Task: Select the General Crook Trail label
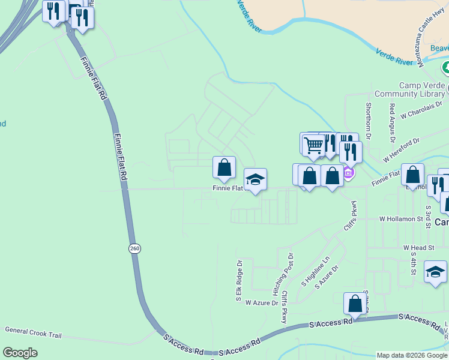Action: click(x=33, y=331)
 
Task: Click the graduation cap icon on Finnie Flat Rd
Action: click(x=255, y=179)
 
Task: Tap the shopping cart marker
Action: click(x=313, y=145)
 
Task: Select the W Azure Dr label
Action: click(x=262, y=303)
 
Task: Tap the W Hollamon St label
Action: click(x=402, y=220)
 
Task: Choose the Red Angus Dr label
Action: click(x=392, y=123)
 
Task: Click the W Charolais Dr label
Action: click(x=423, y=109)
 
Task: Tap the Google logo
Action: click(x=20, y=353)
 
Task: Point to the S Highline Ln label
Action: click(x=316, y=272)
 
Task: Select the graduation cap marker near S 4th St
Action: click(x=435, y=272)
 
